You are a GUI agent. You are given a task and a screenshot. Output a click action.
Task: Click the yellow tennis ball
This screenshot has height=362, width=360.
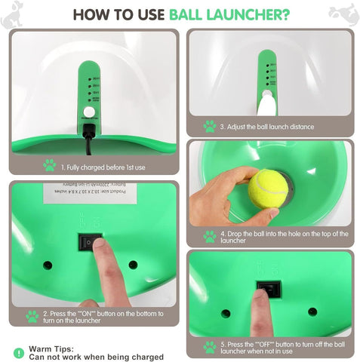268,188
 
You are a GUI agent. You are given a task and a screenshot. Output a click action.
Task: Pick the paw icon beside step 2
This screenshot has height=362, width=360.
32,317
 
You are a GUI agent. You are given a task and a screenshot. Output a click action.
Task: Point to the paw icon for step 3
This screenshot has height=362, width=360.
209,126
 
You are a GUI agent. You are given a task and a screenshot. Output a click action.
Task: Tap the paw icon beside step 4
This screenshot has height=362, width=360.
209,237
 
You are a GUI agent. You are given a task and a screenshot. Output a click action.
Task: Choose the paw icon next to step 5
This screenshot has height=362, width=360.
209,348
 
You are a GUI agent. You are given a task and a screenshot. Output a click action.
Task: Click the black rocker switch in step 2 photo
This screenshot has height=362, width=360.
91,242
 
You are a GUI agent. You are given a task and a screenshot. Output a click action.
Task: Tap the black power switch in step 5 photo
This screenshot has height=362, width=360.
268,289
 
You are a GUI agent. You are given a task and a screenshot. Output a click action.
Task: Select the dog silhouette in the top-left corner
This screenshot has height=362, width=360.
12,15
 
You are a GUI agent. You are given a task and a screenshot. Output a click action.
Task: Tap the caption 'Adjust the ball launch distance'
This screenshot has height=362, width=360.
268,127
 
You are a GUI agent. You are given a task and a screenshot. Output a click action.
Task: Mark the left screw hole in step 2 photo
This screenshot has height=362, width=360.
48,265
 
